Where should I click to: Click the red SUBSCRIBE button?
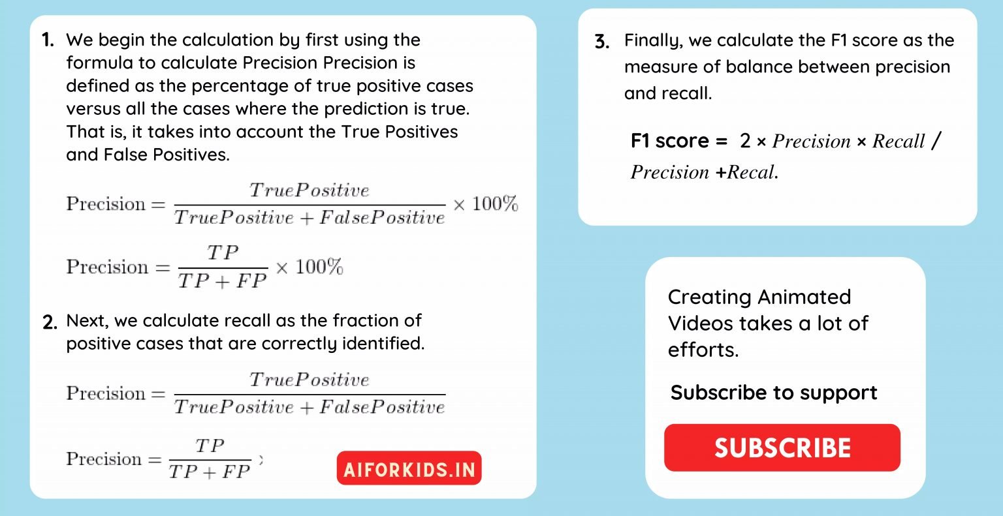tap(782, 448)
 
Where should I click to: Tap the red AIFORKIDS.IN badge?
tap(409, 468)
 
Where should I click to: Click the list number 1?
tap(48, 40)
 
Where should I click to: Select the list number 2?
tap(50, 322)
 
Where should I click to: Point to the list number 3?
tap(602, 42)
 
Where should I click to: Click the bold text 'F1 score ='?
tap(679, 141)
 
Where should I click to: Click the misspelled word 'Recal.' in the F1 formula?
tap(752, 172)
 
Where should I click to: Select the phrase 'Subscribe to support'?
tap(773, 393)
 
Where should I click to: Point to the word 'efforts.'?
tap(703, 350)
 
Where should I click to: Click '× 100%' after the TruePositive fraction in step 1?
tap(485, 204)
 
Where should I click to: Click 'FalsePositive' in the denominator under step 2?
tap(382, 407)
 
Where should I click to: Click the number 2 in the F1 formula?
tap(745, 142)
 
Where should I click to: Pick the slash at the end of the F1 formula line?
tap(936, 141)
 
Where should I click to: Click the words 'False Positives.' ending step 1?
tap(167, 155)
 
